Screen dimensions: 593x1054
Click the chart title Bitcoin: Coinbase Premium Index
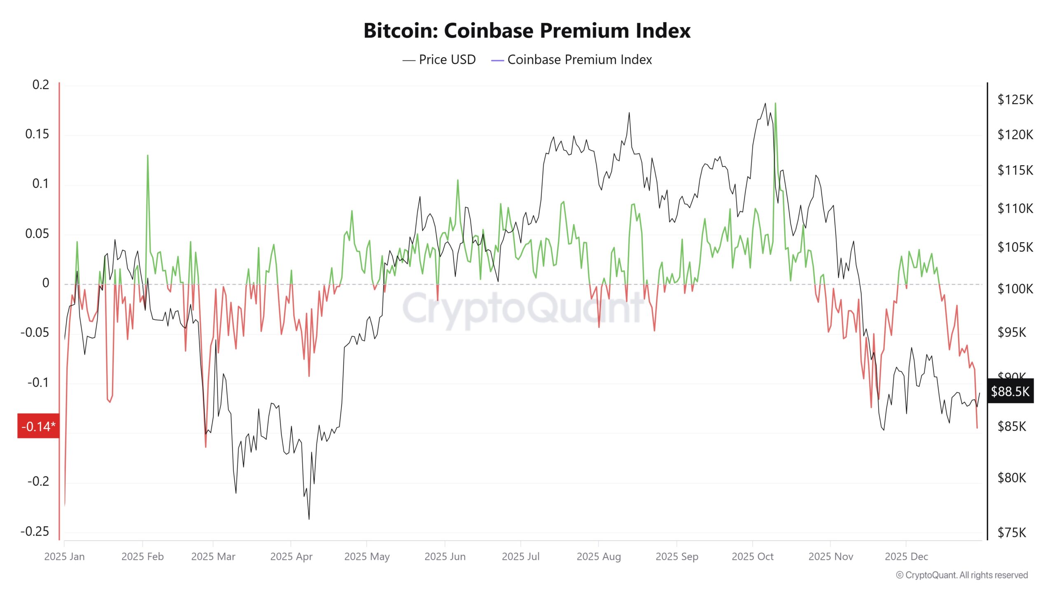click(527, 31)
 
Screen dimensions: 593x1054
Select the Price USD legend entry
click(439, 60)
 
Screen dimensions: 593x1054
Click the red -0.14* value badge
click(38, 426)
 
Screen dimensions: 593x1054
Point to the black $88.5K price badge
click(1010, 391)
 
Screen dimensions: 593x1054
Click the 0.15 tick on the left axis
click(37, 134)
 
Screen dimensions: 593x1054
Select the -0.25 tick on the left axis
click(35, 531)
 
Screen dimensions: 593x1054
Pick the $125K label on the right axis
click(1015, 100)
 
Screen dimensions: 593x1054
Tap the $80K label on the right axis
click(1012, 478)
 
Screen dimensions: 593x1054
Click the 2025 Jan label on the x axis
click(64, 557)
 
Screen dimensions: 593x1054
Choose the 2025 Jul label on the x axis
click(520, 557)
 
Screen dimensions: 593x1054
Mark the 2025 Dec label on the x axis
click(906, 557)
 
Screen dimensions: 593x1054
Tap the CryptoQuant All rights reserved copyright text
click(962, 575)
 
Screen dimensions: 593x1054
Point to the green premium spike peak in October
click(775, 103)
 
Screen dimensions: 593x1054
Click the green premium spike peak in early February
click(147, 156)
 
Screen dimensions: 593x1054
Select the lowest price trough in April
click(309, 519)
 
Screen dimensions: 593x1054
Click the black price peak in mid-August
click(629, 112)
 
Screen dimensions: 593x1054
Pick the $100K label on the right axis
click(1015, 289)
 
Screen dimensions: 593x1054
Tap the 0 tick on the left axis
click(46, 283)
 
